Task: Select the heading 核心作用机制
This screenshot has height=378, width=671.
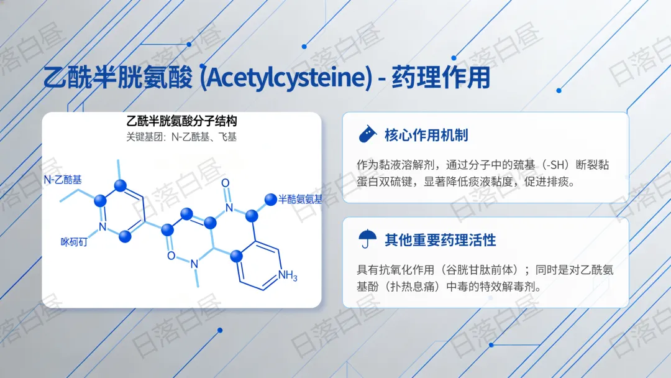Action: [426, 135]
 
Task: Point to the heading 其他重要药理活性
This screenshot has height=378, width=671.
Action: [440, 239]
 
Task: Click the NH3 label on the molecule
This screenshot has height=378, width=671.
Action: [288, 275]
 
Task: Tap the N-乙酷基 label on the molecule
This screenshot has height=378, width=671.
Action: [62, 180]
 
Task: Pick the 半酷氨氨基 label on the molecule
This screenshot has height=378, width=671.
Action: [300, 199]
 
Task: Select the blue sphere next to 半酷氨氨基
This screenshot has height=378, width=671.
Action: [270, 200]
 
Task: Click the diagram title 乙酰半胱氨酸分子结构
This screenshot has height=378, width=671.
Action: [181, 121]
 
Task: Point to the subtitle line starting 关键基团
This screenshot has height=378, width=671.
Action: [181, 137]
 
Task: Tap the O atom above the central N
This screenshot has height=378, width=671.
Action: [226, 183]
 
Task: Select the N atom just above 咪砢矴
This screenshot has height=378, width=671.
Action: [103, 226]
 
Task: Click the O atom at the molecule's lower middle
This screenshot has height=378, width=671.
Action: [171, 256]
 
